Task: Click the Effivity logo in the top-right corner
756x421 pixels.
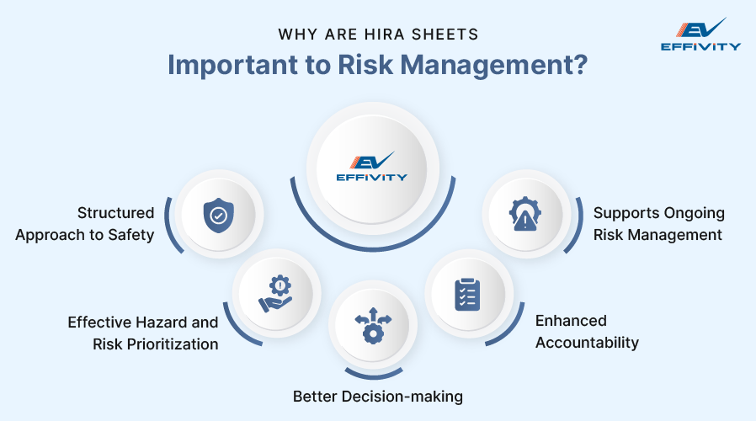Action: click(x=701, y=34)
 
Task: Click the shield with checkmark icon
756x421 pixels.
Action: click(x=217, y=216)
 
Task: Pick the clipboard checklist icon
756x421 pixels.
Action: click(x=467, y=294)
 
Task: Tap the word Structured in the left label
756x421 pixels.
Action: click(x=115, y=213)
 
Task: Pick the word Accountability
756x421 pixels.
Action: click(x=587, y=343)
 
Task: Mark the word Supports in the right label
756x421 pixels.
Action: click(x=623, y=213)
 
